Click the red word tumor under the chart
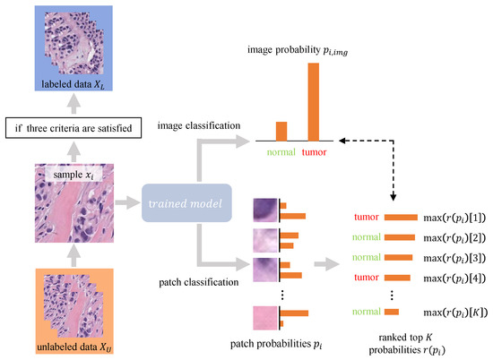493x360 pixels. tap(314, 151)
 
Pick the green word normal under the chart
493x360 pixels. tap(281, 151)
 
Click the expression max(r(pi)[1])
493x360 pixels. tap(454, 217)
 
